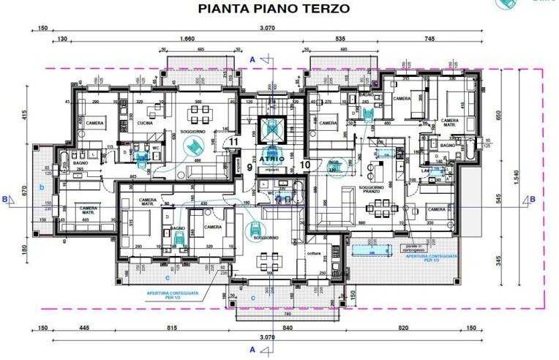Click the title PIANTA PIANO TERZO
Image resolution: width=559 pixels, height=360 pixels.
point(274,9)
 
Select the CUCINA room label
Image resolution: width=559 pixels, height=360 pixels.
point(144,124)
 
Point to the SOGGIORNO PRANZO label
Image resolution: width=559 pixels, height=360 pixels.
point(372,191)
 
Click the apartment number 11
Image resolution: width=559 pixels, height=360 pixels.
point(234,142)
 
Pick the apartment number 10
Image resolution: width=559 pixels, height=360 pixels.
point(305,165)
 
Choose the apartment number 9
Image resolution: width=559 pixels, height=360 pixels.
point(250,168)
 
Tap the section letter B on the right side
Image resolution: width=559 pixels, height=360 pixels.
point(532,198)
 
